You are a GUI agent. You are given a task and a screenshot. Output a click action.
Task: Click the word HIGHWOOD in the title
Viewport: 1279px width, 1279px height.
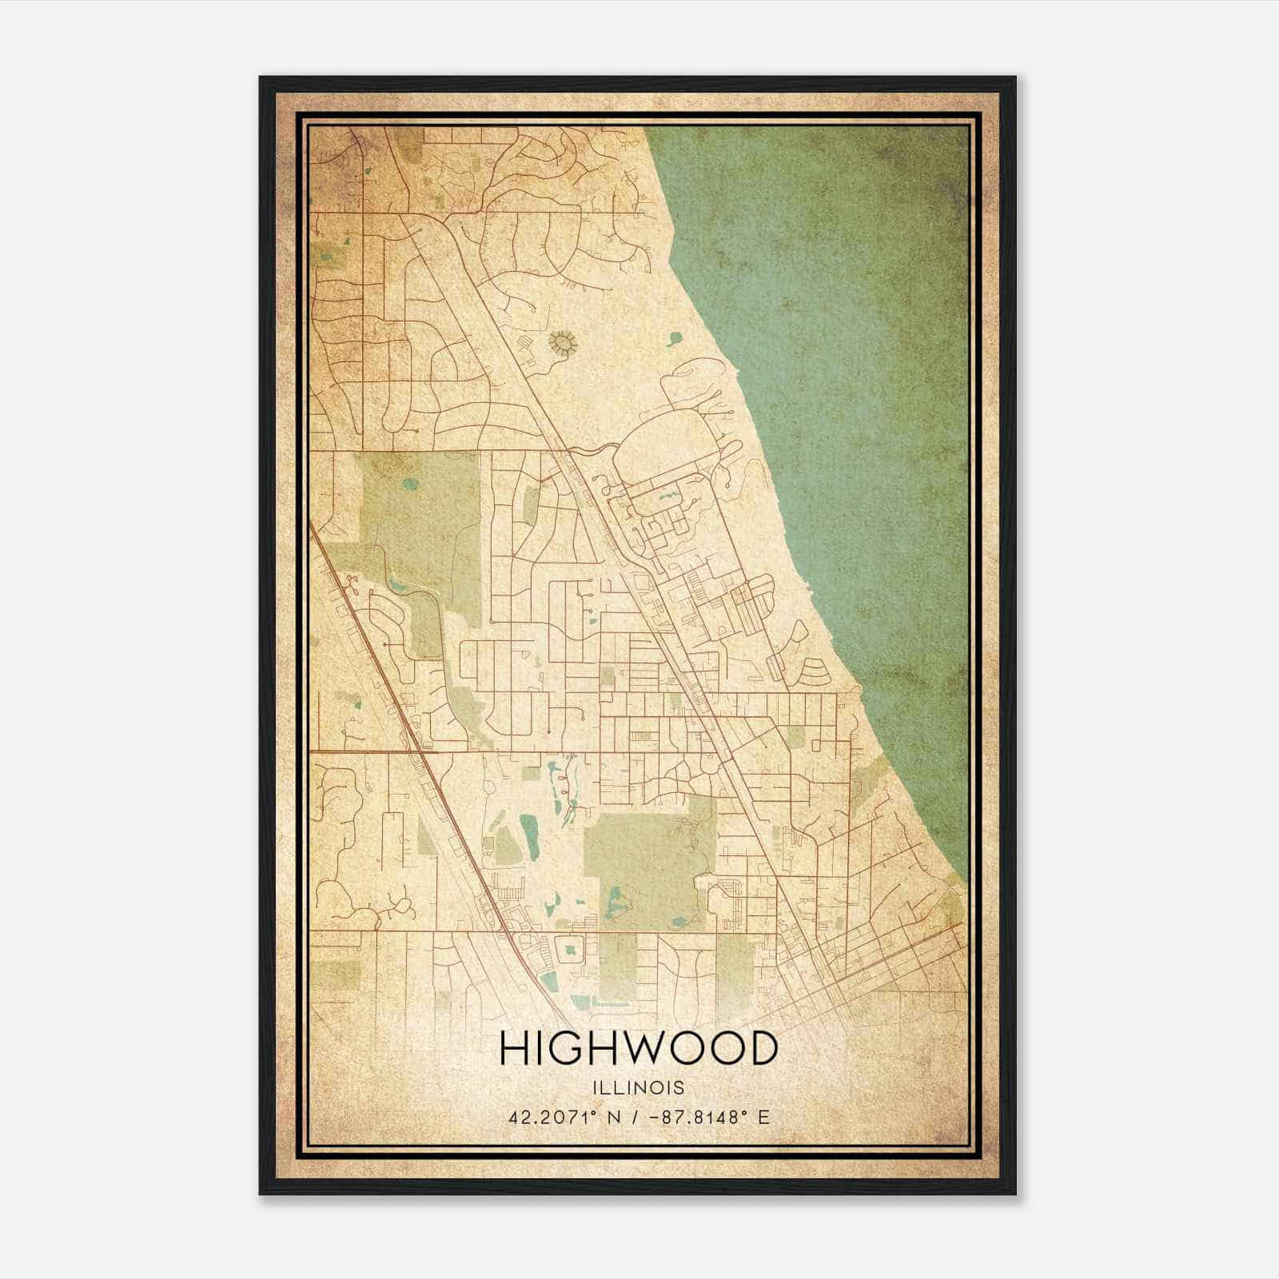tap(638, 1048)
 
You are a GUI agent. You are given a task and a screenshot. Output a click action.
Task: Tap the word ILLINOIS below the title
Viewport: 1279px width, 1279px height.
tap(638, 1088)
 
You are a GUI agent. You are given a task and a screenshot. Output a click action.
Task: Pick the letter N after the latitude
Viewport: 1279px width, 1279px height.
tap(616, 1117)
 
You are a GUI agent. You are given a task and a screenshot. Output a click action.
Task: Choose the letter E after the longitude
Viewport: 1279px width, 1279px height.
tap(764, 1117)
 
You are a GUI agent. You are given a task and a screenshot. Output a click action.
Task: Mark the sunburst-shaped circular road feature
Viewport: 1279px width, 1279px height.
tap(563, 343)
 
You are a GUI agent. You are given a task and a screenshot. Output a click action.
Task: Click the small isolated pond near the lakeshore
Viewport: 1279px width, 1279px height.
tap(675, 339)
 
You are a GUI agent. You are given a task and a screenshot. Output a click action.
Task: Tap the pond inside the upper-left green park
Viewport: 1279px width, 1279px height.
tap(410, 483)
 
